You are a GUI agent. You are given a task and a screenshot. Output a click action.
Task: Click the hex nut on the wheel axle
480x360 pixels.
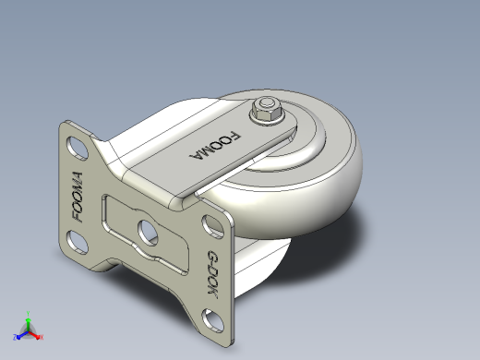tap(267, 110)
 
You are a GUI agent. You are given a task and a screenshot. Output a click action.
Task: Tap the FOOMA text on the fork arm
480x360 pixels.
tap(215, 147)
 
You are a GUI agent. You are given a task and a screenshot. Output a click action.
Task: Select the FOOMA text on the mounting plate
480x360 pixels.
tap(78, 197)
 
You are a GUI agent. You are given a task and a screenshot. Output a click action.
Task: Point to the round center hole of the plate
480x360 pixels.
tap(148, 233)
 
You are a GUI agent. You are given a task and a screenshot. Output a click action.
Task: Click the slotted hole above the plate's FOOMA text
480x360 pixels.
tap(78, 149)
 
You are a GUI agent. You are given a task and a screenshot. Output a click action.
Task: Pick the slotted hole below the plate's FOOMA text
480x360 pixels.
tap(78, 242)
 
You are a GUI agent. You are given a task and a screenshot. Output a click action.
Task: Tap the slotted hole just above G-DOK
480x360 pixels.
tap(212, 227)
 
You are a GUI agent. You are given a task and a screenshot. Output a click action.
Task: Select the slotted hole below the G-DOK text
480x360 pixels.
tap(212, 321)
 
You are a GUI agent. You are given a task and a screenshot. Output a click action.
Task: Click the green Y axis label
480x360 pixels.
tap(28, 314)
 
